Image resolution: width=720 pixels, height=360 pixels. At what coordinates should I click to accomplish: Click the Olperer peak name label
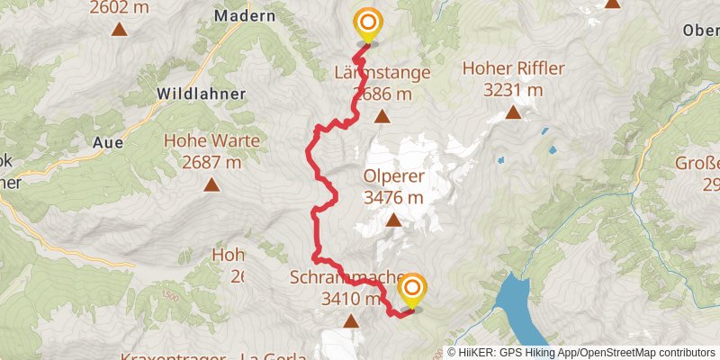pyautogui.click(x=393, y=176)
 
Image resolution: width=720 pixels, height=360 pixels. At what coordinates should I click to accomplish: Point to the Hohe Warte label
pyautogui.click(x=211, y=141)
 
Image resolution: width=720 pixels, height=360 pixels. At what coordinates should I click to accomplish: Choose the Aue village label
pyautogui.click(x=108, y=141)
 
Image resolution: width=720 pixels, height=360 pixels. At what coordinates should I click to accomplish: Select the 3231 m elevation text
pyautogui.click(x=513, y=90)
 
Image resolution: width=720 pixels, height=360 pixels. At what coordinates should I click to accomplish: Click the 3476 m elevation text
pyautogui.click(x=393, y=197)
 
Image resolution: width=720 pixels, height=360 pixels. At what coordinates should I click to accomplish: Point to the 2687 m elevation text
pyautogui.click(x=211, y=163)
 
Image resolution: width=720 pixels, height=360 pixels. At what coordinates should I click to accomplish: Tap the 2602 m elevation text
pyautogui.click(x=120, y=8)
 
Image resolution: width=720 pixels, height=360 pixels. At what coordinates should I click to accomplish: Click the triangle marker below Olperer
pyautogui.click(x=393, y=220)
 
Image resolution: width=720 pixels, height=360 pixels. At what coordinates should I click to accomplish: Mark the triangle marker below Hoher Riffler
pyautogui.click(x=513, y=112)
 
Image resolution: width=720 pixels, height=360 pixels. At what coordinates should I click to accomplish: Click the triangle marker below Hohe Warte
pyautogui.click(x=211, y=185)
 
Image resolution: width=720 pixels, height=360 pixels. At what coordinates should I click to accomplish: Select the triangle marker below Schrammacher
pyautogui.click(x=350, y=321)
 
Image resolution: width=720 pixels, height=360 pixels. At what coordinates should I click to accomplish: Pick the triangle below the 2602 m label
pyautogui.click(x=120, y=29)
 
